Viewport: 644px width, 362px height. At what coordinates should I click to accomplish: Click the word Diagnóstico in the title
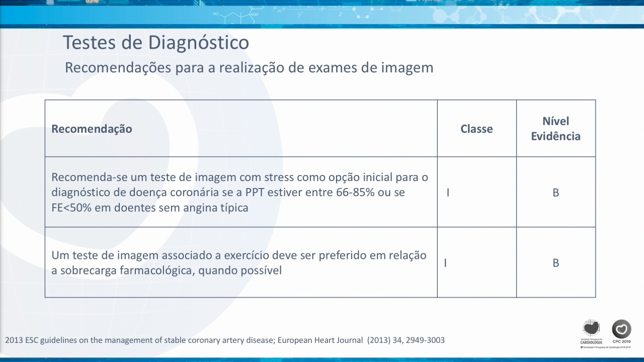point(198,43)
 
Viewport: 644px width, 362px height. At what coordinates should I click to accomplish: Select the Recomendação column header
point(92,129)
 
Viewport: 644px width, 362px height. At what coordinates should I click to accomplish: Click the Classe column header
point(476,129)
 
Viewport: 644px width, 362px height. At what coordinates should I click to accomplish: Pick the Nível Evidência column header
point(555,128)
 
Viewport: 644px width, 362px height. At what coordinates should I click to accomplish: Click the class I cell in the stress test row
point(448,193)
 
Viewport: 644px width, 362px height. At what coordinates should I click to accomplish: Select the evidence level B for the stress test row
point(556,193)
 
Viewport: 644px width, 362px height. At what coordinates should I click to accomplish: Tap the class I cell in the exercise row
point(445,263)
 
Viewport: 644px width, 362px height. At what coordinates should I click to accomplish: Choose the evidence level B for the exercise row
point(556,263)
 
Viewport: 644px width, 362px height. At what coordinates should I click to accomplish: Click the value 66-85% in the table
point(355,192)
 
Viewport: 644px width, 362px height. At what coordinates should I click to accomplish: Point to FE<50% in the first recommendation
point(71,208)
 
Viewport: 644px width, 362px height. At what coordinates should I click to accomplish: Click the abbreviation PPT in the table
point(255,192)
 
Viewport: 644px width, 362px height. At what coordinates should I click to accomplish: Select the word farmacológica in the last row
point(157,270)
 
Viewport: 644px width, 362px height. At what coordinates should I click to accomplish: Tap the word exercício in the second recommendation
point(247,255)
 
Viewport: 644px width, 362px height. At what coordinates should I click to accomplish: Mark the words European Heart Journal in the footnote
point(320,340)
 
